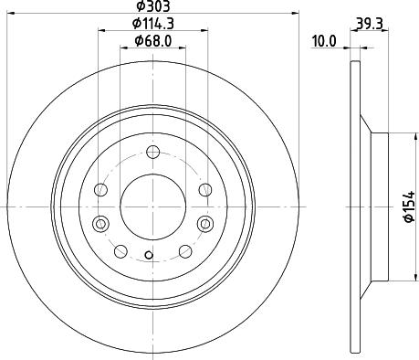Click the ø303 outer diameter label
click(x=152, y=6)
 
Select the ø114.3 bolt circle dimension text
click(x=152, y=23)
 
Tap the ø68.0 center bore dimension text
click(x=152, y=39)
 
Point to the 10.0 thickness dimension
click(x=324, y=40)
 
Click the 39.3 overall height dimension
click(x=369, y=23)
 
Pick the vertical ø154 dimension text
click(x=408, y=206)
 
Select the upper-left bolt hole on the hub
click(x=101, y=190)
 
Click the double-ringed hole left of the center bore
click(x=101, y=223)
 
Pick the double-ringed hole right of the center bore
click(x=204, y=223)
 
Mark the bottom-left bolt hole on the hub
click(x=120, y=250)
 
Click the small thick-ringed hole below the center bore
click(x=152, y=257)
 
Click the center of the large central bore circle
click(x=152, y=206)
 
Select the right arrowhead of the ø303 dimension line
click(x=297, y=14)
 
